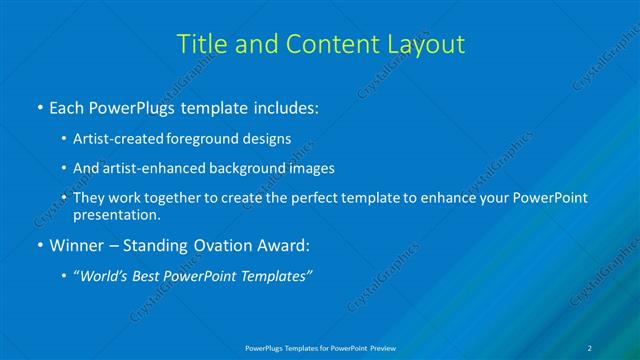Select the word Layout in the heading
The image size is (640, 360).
pos(426,44)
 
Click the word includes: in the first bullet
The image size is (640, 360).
pos(283,105)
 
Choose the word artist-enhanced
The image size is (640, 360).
pos(154,168)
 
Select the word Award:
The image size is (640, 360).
pos(283,245)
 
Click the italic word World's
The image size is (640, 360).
pos(108,276)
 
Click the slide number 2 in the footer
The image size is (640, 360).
pos(590,349)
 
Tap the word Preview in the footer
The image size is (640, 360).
pos(380,349)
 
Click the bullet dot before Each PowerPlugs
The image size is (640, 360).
pos(39,106)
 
